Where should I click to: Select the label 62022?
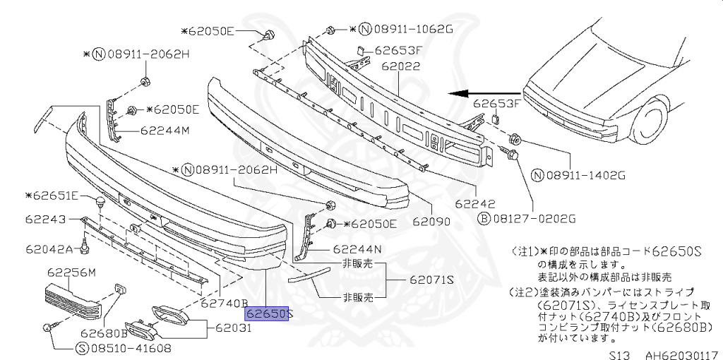(x=400, y=68)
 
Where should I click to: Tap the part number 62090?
(x=431, y=222)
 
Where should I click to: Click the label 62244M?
(x=165, y=131)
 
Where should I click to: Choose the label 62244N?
(x=357, y=249)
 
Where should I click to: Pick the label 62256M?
(x=72, y=272)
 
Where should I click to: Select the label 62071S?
(x=432, y=280)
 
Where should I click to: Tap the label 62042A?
(x=49, y=249)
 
